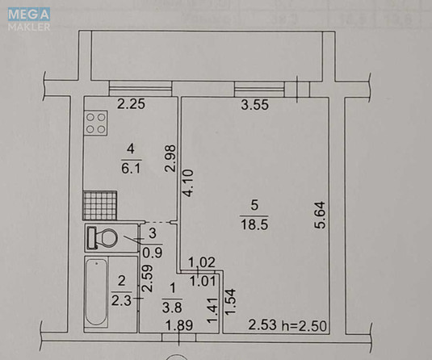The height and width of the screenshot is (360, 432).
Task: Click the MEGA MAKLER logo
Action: tap(28, 19)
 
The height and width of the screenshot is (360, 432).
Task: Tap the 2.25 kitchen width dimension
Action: tap(131, 103)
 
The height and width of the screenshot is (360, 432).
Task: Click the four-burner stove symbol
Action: tap(98, 124)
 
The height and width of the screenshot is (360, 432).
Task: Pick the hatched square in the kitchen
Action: tap(99, 205)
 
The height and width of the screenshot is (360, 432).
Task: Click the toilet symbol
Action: tap(103, 238)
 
